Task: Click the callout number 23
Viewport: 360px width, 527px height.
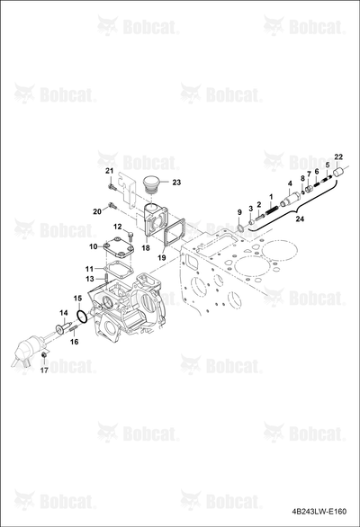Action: pyautogui.click(x=176, y=183)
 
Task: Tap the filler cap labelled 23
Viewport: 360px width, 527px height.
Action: pyautogui.click(x=151, y=185)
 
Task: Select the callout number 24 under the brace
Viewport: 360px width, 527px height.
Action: pyautogui.click(x=300, y=219)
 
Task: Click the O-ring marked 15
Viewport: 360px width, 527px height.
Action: pyautogui.click(x=83, y=317)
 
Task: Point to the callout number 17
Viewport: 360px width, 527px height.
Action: pyautogui.click(x=44, y=370)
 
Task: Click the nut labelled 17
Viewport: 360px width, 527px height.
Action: pyautogui.click(x=43, y=355)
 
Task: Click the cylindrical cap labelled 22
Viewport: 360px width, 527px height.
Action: pyautogui.click(x=337, y=173)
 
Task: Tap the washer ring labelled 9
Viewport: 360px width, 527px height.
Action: pyautogui.click(x=240, y=229)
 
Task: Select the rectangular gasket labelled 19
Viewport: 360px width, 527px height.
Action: pyautogui.click(x=174, y=236)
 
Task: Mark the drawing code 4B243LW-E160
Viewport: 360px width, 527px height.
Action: pyautogui.click(x=319, y=512)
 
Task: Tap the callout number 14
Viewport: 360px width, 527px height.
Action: pyautogui.click(x=64, y=313)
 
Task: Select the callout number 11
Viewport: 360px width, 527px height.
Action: pyautogui.click(x=89, y=269)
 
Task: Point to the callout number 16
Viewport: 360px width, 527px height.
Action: pyautogui.click(x=75, y=342)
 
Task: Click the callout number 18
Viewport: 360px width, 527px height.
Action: pyautogui.click(x=146, y=248)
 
